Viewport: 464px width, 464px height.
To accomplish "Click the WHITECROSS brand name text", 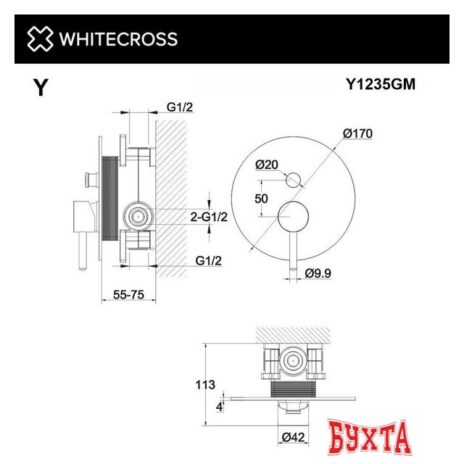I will point(117,39).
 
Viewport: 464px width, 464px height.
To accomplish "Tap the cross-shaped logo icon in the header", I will point(40,39).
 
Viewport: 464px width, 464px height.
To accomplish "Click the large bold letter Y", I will point(41,88).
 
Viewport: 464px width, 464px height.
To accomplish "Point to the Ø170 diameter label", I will point(358,133).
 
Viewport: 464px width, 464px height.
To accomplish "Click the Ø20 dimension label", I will point(268,165).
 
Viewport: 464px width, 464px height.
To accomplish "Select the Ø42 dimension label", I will point(294,436).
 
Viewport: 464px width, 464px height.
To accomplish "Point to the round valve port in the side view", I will point(138,215).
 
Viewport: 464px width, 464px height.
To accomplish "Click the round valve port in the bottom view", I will point(294,360).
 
